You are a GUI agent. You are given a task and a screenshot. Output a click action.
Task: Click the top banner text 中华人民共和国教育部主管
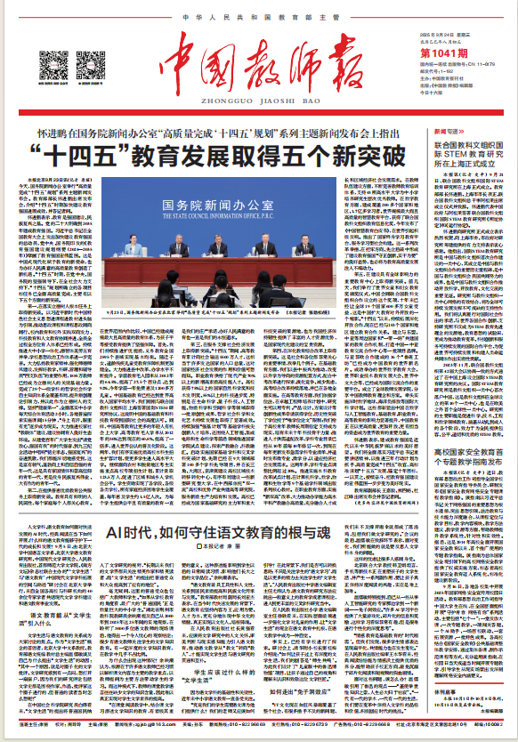[x=259, y=17]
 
